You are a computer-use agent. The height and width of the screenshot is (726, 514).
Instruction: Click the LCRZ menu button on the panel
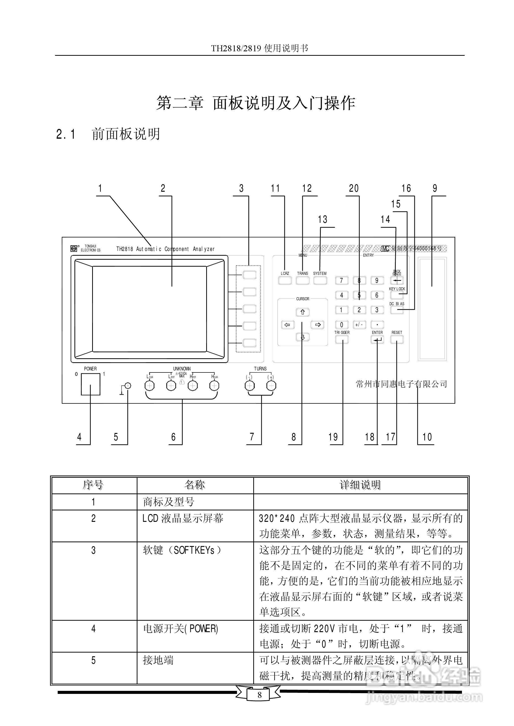[285, 280]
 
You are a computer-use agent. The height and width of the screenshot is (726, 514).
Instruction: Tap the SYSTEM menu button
[320, 280]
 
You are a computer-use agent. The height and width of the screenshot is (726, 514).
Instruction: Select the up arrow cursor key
[303, 312]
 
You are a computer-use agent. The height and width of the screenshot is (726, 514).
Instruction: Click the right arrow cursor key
[318, 325]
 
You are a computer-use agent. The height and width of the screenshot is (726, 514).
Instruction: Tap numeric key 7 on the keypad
[341, 280]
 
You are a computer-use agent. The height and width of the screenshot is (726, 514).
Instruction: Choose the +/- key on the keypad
[359, 325]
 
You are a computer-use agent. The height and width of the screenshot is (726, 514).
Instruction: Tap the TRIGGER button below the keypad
[342, 339]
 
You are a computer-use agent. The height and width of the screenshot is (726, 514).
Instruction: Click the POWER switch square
[90, 384]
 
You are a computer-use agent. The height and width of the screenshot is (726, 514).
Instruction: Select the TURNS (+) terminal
[271, 386]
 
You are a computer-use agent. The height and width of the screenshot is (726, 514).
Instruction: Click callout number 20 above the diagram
[354, 188]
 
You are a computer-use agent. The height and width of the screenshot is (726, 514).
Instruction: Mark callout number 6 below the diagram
[173, 437]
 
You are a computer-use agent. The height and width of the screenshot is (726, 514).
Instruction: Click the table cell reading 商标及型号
[168, 502]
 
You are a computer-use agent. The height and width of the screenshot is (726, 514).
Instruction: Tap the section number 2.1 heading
[66, 134]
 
